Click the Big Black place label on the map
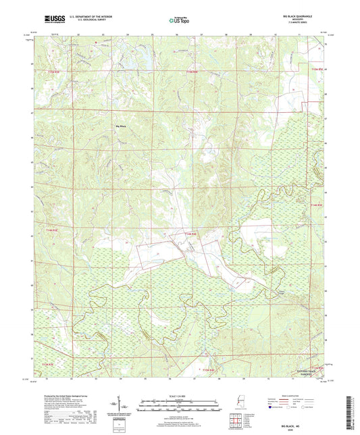pyautogui.click(x=122, y=126)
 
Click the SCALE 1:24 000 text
pyautogui.click(x=179, y=396)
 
